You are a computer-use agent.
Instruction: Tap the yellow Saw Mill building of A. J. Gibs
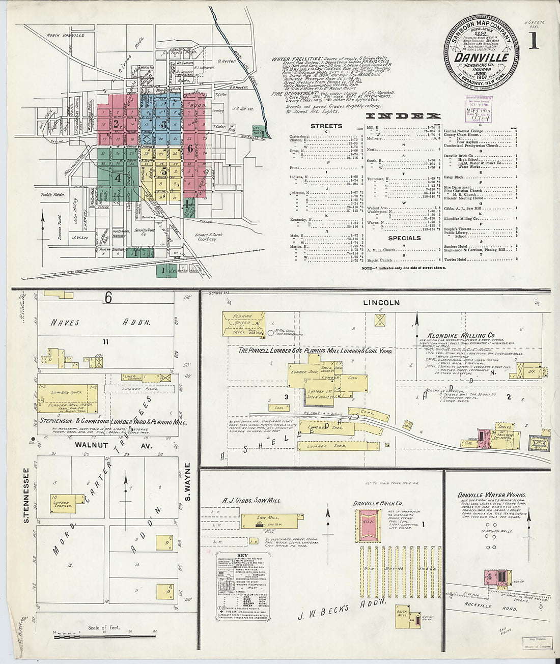[269, 521]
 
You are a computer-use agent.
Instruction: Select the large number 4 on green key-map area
[118, 178]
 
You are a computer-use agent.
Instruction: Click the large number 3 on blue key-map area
[163, 125]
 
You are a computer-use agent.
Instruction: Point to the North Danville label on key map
[66, 35]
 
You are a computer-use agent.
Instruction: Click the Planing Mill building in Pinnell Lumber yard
[243, 324]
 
